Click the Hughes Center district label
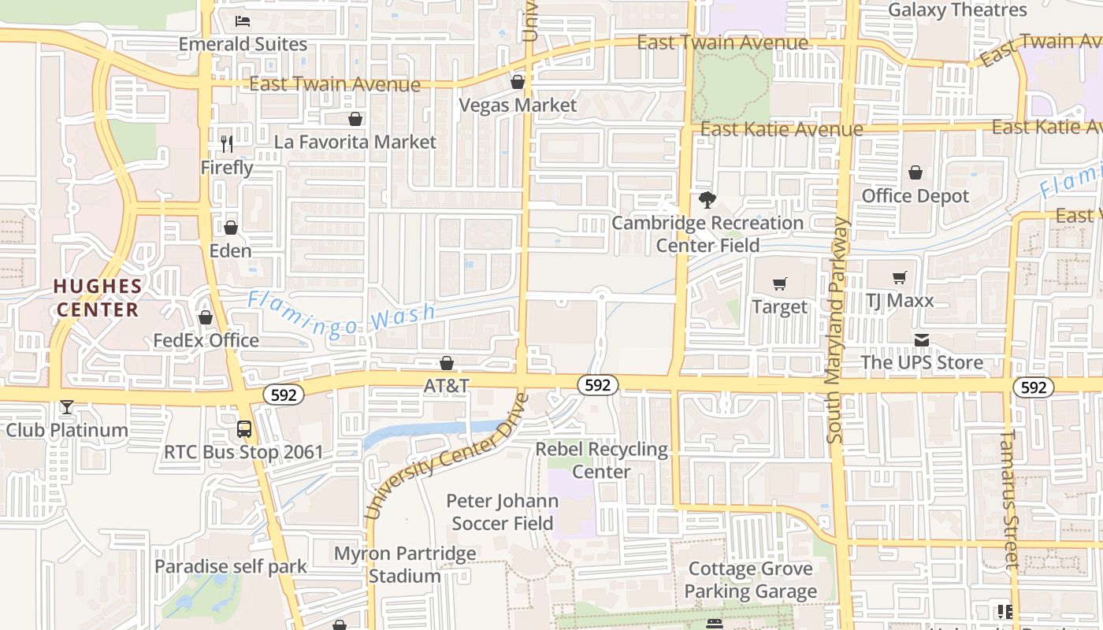pyautogui.click(x=98, y=298)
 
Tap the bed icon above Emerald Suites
pyautogui.click(x=243, y=20)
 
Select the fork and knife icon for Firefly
pyautogui.click(x=227, y=143)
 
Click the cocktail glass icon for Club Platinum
pyautogui.click(x=67, y=407)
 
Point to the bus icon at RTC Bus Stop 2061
pyautogui.click(x=244, y=429)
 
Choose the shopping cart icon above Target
pyautogui.click(x=780, y=283)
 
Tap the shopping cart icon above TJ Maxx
pyautogui.click(x=900, y=277)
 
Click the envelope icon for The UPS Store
pyautogui.click(x=922, y=340)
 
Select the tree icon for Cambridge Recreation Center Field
pyautogui.click(x=707, y=200)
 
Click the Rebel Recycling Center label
pyautogui.click(x=602, y=461)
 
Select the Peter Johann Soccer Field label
pyautogui.click(x=503, y=512)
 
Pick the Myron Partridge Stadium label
pyautogui.click(x=405, y=565)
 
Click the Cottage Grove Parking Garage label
pyautogui.click(x=751, y=580)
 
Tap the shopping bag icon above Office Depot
pyautogui.click(x=915, y=172)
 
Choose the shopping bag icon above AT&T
pyautogui.click(x=447, y=363)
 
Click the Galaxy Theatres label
pyautogui.click(x=957, y=10)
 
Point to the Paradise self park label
pyautogui.click(x=231, y=566)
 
